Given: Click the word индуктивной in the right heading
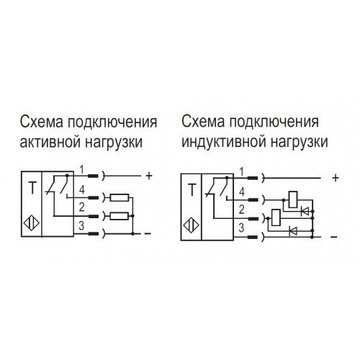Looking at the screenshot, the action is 224,142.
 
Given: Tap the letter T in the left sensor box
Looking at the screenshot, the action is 32,188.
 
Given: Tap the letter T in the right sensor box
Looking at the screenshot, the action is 192,190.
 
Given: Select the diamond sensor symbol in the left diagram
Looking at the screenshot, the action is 32,224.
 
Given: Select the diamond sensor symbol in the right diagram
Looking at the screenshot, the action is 192,226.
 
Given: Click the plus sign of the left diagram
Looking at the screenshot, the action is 149,176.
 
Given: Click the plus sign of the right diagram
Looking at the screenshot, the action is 336,178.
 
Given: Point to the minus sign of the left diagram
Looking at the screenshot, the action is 148,233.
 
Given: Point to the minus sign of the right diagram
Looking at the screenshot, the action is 334,238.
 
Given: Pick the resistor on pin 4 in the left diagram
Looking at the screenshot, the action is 120,198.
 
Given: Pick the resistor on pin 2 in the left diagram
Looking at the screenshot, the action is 120,216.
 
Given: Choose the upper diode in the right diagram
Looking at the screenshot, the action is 305,212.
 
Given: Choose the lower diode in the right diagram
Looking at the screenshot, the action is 293,231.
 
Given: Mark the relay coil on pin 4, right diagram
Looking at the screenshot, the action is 293,199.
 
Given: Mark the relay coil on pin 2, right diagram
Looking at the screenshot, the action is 276,217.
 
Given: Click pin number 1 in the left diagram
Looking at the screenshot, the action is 82,170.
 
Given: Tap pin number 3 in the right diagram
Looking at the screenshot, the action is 241,228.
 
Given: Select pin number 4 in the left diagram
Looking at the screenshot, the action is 82,190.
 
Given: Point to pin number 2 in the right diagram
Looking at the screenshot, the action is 241,210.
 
